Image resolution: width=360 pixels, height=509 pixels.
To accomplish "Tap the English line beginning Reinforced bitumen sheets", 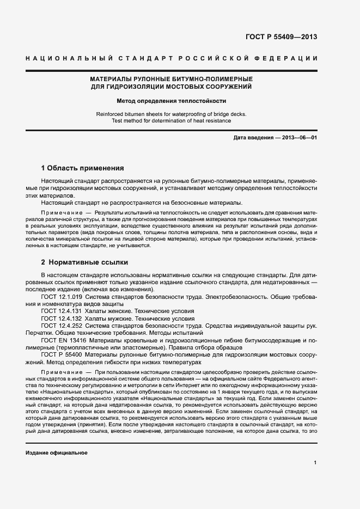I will coord(171,114).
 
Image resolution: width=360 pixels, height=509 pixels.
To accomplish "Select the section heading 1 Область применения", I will coord(83,168).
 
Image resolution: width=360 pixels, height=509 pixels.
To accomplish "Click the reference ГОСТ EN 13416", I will coord(62,339).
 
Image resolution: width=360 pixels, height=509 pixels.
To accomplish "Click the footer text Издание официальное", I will coord(57,453).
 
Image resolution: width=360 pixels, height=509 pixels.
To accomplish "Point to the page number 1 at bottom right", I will coord(315,463).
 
